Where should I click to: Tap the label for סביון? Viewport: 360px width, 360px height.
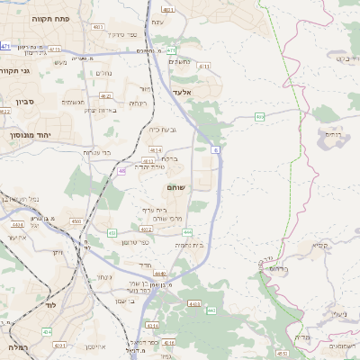click(x=18, y=103)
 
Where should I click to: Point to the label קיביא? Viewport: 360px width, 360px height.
click(x=320, y=245)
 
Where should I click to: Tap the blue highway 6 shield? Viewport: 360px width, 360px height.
click(x=216, y=149)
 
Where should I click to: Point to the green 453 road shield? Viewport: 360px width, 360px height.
click(x=112, y=232)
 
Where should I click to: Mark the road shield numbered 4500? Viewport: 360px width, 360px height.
click(x=76, y=220)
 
